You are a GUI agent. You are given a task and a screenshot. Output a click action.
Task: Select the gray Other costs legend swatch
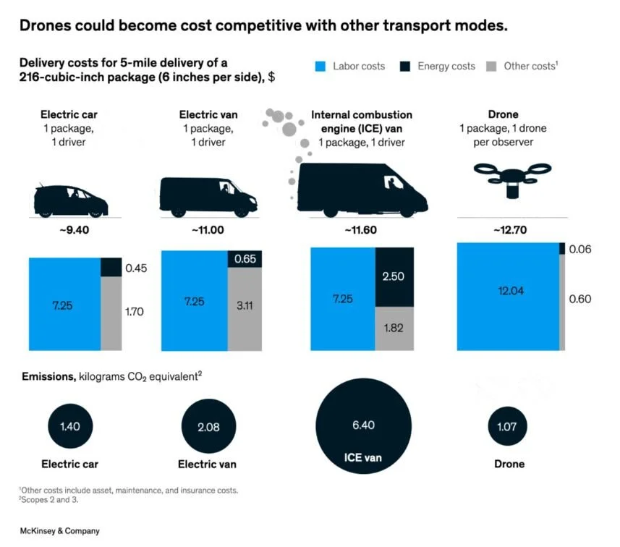(x=492, y=67)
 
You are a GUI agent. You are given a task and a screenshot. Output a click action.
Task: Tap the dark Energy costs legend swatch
(x=405, y=67)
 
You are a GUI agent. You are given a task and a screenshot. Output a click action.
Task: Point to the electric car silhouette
(x=71, y=199)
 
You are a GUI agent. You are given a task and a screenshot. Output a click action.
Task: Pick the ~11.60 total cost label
(x=361, y=230)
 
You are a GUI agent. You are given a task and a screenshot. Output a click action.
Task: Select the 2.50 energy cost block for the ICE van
(x=394, y=277)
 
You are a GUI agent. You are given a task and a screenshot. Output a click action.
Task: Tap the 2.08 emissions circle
(x=208, y=427)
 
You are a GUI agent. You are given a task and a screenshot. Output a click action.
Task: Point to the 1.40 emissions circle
(x=70, y=427)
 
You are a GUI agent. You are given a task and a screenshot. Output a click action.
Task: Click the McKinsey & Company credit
(x=59, y=531)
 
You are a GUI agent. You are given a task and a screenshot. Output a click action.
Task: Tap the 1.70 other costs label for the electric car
(x=135, y=313)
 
